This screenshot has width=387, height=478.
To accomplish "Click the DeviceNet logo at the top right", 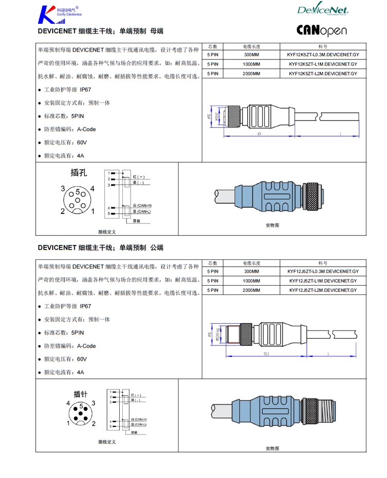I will pos(323,9).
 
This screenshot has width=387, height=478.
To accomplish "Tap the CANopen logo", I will pos(321,30).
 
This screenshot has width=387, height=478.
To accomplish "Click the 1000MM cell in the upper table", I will pos(251,64).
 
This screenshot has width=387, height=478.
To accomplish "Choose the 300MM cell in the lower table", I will pos(251,271).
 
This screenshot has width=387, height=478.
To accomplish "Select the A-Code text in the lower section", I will pos(86,346).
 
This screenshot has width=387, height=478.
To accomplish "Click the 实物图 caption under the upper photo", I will pos(272,225).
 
